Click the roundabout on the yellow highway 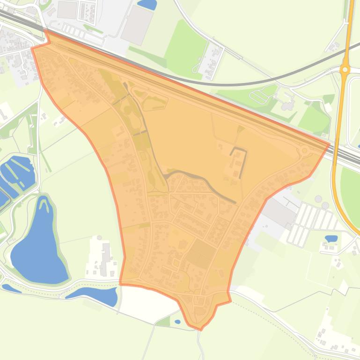(x=345, y=69)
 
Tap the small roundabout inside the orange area (x=305, y=151)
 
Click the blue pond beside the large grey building (x=148, y=4)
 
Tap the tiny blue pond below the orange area (x=177, y=322)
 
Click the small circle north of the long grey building (x=99, y=238)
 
